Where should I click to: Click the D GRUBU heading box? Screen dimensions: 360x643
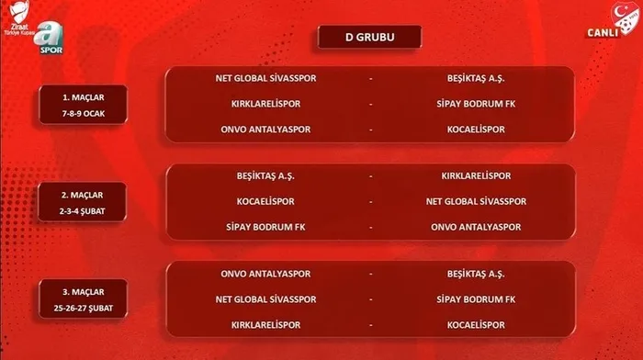(369, 38)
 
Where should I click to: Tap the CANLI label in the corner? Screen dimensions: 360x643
(603, 36)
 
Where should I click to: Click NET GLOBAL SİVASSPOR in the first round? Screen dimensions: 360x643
(269, 78)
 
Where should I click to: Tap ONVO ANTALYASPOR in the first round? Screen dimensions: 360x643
(269, 129)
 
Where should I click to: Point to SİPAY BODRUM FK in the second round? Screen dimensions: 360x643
(269, 227)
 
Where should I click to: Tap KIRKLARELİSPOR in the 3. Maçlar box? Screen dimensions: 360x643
(269, 325)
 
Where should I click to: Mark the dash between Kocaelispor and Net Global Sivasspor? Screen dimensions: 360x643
(370, 201)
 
